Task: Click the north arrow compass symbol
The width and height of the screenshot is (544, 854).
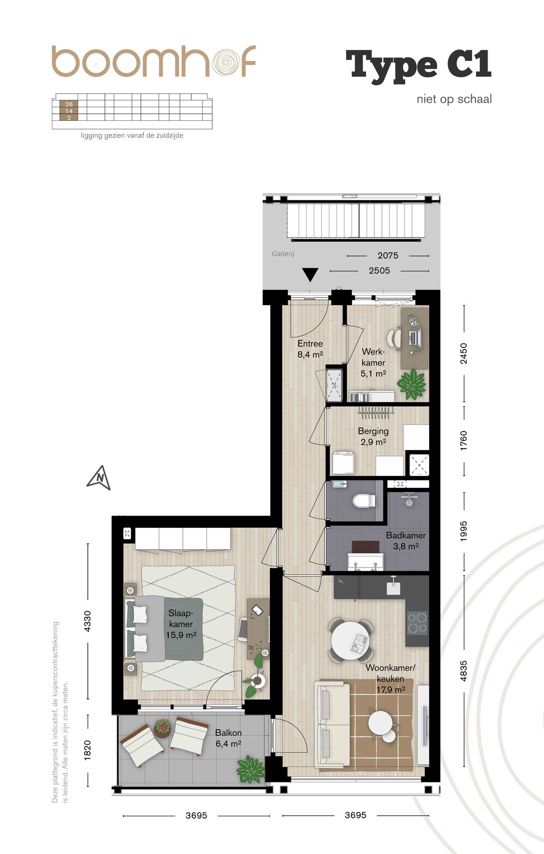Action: [98, 478]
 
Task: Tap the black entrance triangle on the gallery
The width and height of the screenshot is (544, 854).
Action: [310, 274]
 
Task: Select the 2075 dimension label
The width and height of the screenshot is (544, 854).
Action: [387, 255]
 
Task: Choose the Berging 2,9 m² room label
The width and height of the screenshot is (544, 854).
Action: [373, 437]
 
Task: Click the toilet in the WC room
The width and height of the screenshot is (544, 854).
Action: [364, 501]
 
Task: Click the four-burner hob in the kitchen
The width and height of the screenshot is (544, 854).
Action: [417, 623]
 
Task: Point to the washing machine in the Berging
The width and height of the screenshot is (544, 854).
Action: [344, 462]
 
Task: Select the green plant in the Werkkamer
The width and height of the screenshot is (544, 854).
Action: [412, 384]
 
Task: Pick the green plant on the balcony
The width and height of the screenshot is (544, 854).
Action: [250, 769]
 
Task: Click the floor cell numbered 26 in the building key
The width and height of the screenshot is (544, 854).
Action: [69, 104]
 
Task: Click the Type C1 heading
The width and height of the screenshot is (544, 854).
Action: [419, 66]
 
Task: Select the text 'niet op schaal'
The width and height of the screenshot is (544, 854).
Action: [454, 99]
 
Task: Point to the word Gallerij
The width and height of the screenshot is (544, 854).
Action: [283, 254]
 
